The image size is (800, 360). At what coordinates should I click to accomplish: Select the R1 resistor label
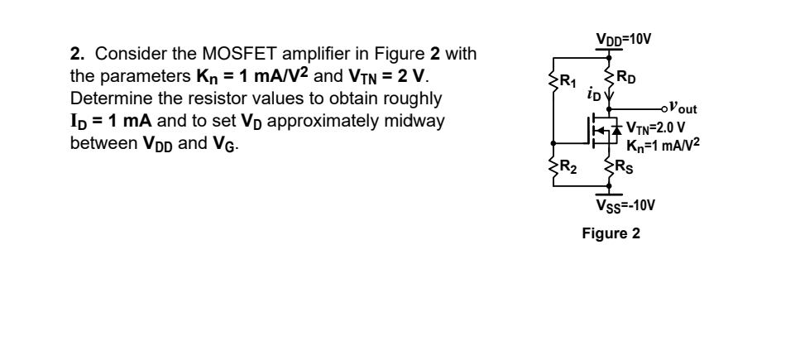[568, 81]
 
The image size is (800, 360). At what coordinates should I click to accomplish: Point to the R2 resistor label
[568, 172]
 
